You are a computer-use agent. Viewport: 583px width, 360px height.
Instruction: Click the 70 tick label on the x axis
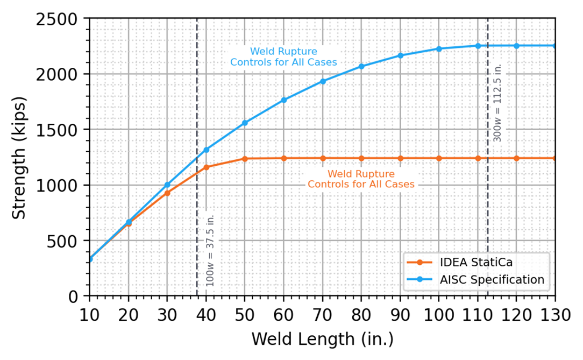[323, 314]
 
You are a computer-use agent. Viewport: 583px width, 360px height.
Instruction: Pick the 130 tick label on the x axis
[554, 314]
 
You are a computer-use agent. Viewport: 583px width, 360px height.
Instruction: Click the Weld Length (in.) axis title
[322, 340]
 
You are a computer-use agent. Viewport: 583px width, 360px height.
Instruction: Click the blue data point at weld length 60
[284, 100]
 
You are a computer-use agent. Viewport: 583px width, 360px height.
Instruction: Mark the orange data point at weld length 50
[245, 159]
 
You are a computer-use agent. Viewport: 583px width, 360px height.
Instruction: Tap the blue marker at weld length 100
[439, 49]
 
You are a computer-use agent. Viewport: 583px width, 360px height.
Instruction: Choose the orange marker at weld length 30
[167, 193]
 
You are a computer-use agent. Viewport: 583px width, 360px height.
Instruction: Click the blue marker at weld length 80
[361, 66]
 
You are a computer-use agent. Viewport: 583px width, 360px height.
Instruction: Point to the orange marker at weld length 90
[400, 158]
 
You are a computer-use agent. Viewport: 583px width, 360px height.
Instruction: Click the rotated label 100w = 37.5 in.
[211, 250]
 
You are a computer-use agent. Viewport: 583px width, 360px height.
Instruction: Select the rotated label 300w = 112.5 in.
[497, 103]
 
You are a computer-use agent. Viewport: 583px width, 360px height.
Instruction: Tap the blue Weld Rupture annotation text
[283, 57]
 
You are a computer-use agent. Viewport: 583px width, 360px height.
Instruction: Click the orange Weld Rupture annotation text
[361, 179]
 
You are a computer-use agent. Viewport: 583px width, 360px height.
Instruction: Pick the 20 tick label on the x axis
[129, 314]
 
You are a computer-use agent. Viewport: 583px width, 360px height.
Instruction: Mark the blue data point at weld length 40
[206, 150]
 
